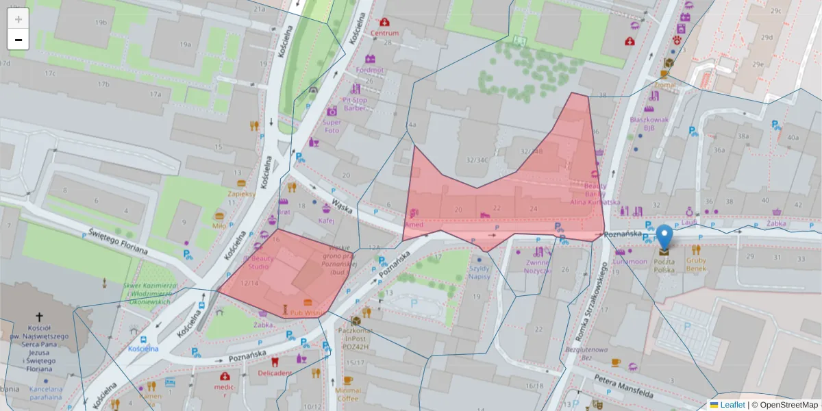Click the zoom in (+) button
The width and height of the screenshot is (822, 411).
tap(18, 19)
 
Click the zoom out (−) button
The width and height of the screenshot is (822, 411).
tap(18, 40)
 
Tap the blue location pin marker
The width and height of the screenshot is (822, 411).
tap(664, 237)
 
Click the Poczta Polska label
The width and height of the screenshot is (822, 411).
tap(663, 265)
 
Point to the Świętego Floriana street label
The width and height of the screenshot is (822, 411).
tap(118, 241)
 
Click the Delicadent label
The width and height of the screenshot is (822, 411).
tap(275, 373)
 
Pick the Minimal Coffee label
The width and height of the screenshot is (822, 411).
tap(348, 394)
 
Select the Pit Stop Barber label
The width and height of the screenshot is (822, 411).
tap(355, 104)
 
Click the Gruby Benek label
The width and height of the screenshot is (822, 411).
tap(696, 264)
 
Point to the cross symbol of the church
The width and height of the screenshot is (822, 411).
tap(39, 317)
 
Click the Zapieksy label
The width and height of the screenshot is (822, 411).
tap(242, 193)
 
